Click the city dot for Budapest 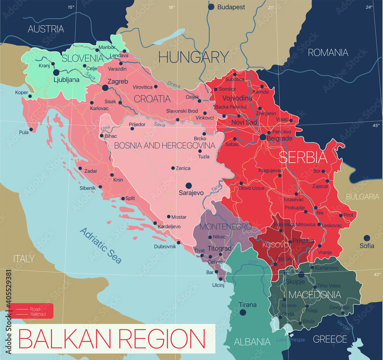click(211, 7)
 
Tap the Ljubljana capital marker click(56, 72)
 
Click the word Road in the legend click(35, 309)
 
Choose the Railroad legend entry click(38, 314)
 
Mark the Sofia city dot click(367, 238)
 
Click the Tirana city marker click(242, 313)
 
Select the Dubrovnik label click(165, 247)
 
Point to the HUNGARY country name click(193, 57)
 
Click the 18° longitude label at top click(171, 7)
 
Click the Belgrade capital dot click(263, 137)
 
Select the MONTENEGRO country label click(223, 226)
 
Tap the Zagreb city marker click(105, 88)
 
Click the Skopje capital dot click(301, 275)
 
